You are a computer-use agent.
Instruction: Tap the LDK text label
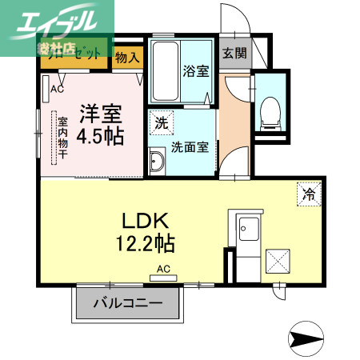click(x=144, y=219)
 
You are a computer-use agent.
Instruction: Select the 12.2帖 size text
click(x=144, y=240)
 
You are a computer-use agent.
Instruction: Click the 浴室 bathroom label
click(x=196, y=70)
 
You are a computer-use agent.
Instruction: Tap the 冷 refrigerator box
click(x=308, y=193)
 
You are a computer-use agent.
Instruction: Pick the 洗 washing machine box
click(x=161, y=124)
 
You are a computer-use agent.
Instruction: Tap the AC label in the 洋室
click(x=57, y=90)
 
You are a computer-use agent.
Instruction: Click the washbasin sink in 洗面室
click(x=157, y=163)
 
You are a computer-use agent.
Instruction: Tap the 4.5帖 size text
click(x=101, y=135)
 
